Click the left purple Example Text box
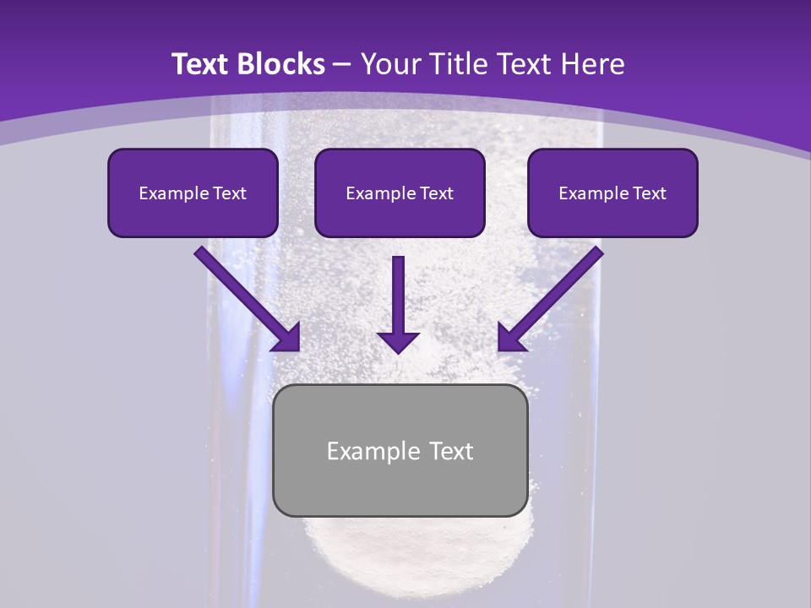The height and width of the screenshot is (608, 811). [x=193, y=193]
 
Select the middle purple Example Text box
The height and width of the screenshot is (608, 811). [x=400, y=193]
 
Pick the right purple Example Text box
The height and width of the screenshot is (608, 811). [x=612, y=193]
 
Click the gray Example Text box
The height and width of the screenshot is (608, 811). [x=400, y=450]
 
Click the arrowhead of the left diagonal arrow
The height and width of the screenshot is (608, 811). [x=287, y=338]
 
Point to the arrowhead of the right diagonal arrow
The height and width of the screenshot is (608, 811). [x=510, y=338]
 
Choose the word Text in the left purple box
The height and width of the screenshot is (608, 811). [x=230, y=193]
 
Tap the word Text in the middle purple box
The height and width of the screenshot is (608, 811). [x=437, y=193]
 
